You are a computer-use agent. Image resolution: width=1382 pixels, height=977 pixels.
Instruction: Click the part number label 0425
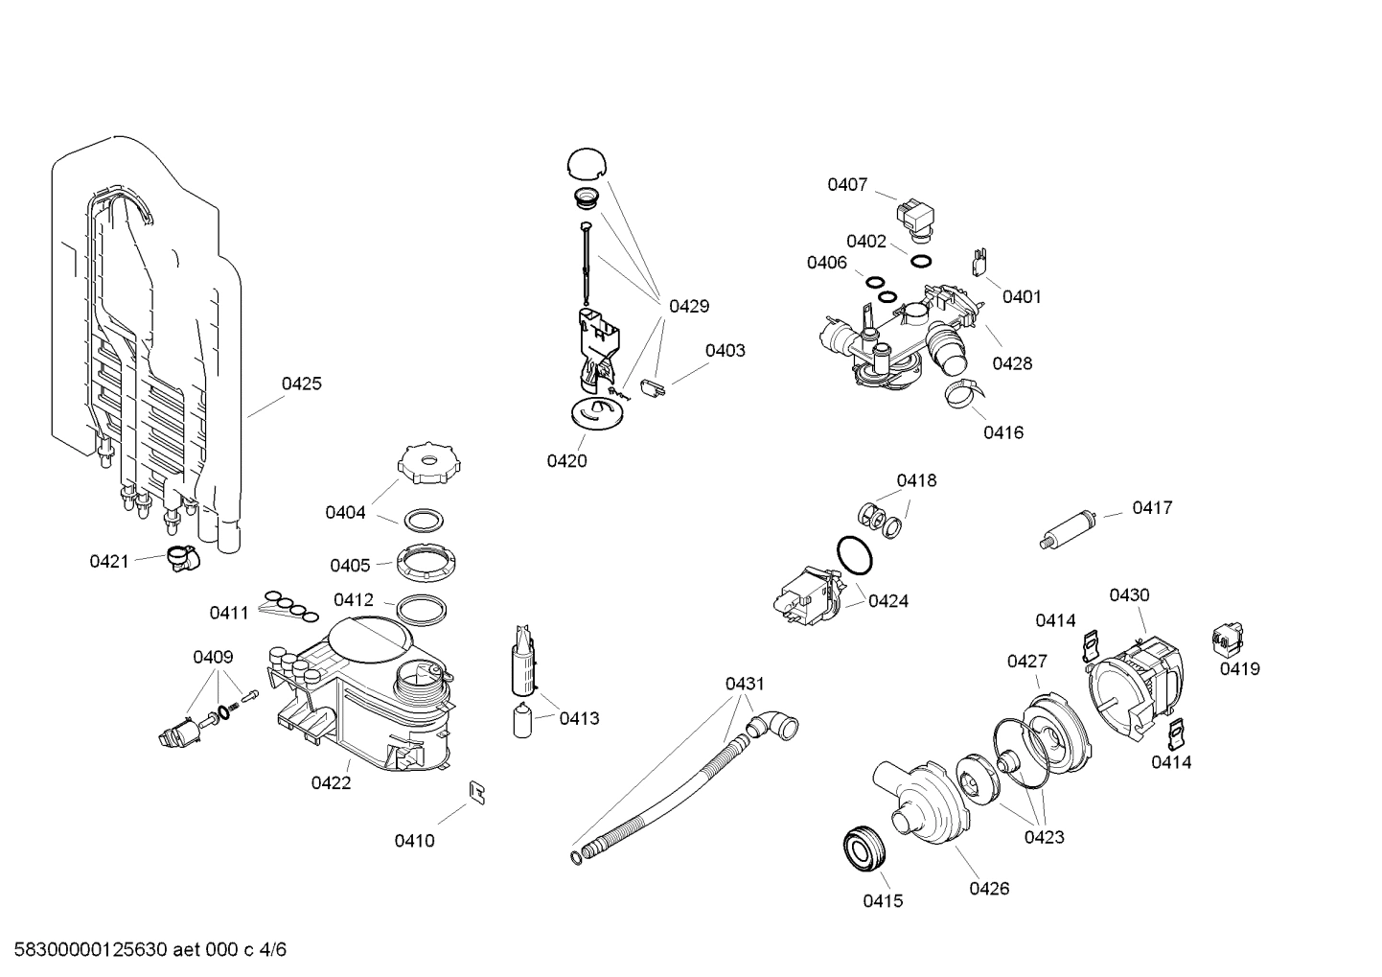[x=301, y=384]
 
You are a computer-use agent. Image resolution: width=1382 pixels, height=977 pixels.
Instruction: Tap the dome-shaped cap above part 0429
[x=587, y=163]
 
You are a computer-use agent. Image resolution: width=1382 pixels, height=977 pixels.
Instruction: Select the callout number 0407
[x=847, y=184]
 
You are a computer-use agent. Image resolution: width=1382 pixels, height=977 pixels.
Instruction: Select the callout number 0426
[x=989, y=888]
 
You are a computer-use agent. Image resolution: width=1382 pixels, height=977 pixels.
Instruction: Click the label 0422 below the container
[x=331, y=782]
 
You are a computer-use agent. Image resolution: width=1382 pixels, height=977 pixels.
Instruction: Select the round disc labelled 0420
[x=595, y=414]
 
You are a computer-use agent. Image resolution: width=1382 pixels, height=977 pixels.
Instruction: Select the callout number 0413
[x=579, y=718]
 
